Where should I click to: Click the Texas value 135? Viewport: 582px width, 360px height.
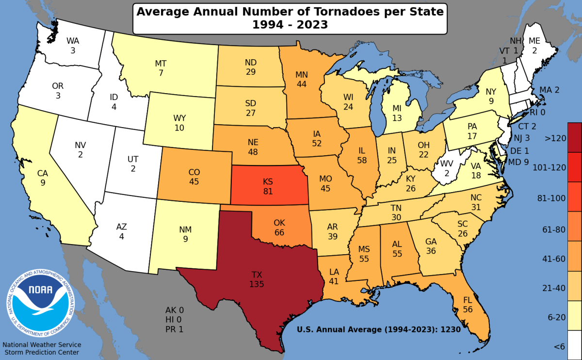click(x=257, y=284)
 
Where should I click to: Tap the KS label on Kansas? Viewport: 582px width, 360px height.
click(x=268, y=181)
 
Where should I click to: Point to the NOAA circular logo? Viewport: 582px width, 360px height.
click(x=41, y=304)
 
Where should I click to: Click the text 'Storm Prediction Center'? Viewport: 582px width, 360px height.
click(x=41, y=352)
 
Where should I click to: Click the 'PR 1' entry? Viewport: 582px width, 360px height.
click(x=175, y=329)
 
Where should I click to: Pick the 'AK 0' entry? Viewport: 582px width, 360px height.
click(x=175, y=310)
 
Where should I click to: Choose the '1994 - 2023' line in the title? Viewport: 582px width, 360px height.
click(x=290, y=24)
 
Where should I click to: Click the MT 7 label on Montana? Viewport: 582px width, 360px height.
click(x=161, y=68)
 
